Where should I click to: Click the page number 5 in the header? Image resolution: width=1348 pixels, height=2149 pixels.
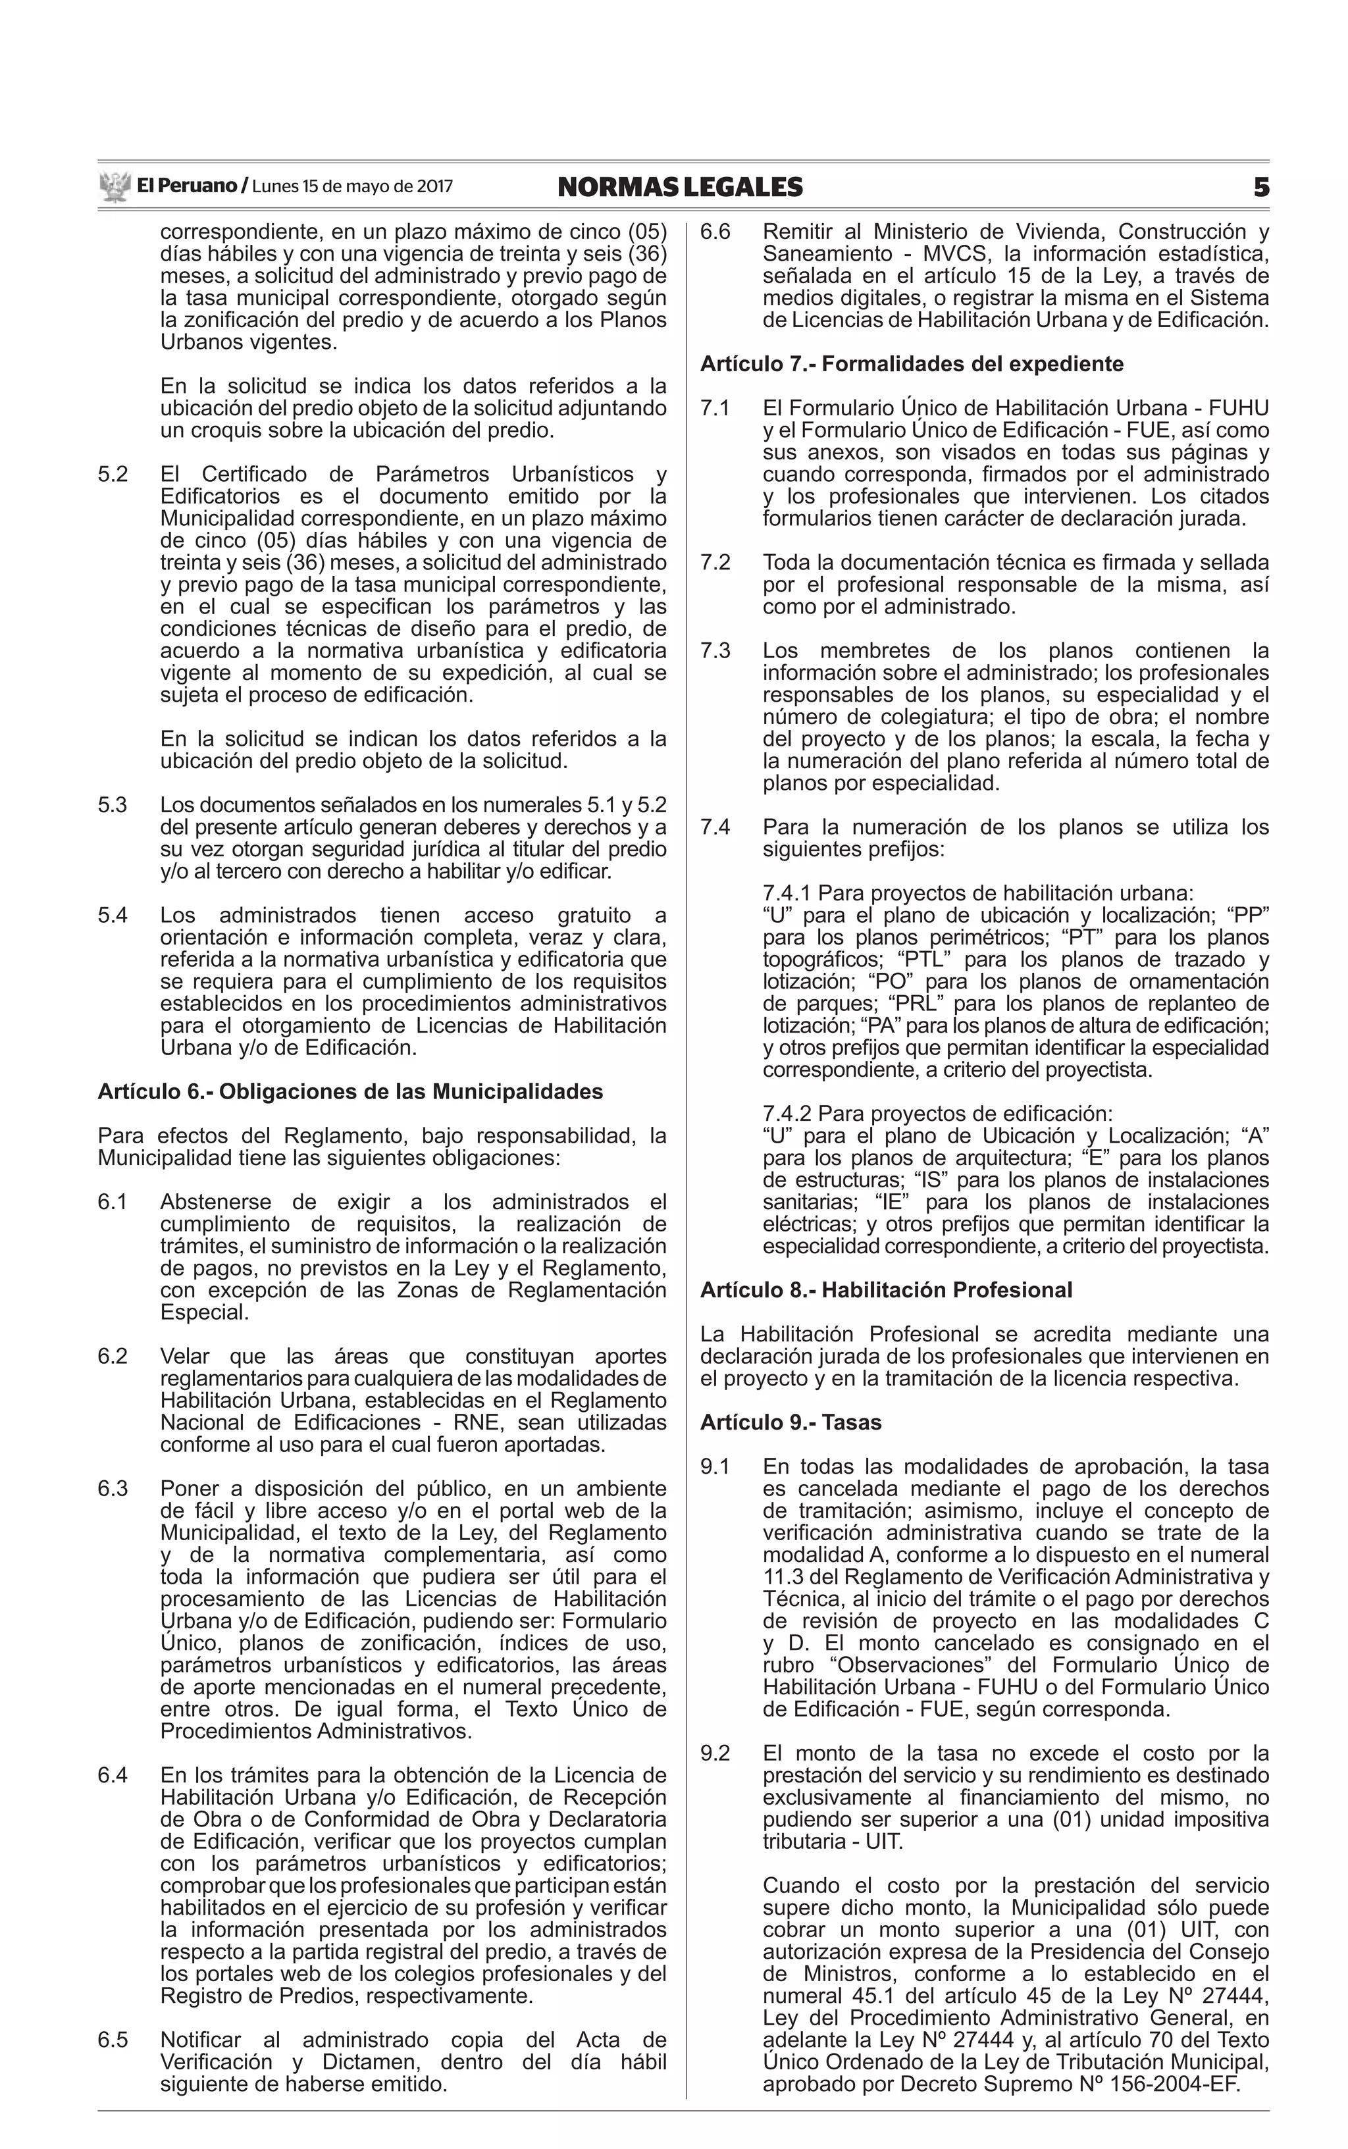1260,187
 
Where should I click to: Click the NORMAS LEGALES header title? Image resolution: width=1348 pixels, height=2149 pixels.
679,187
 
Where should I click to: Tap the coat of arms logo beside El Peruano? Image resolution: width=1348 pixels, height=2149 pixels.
114,187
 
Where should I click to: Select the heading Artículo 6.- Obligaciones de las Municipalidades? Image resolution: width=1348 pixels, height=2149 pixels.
350,1092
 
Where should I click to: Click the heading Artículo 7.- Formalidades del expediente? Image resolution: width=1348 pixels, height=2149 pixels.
911,364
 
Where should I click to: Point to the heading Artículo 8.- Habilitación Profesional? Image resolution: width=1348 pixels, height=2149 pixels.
885,1290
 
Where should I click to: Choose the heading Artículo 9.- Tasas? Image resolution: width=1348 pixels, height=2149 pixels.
790,1422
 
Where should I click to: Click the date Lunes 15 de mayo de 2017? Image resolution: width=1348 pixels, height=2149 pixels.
352,187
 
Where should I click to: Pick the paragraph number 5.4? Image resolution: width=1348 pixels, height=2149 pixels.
113,916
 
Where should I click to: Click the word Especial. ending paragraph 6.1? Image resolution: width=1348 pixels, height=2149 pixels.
204,1312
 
